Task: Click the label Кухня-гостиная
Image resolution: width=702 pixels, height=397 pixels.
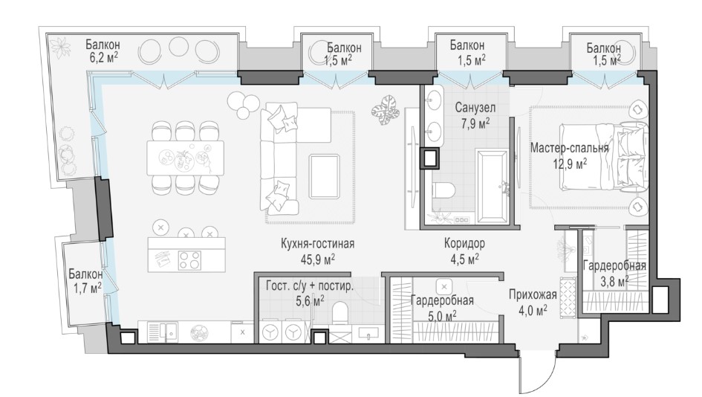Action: pos(317,244)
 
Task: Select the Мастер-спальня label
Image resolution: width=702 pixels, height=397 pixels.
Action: pos(570,148)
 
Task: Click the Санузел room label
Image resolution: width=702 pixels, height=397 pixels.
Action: pos(475,108)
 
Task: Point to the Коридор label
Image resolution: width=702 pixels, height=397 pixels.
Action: pos(464,243)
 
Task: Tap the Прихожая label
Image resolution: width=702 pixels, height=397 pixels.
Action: pos(533,294)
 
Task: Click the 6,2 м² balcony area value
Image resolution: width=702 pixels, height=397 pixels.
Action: pos(104,57)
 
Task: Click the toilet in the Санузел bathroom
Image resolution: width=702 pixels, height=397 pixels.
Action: pos(443,190)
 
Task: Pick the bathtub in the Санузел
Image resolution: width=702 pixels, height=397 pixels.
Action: pos(493,187)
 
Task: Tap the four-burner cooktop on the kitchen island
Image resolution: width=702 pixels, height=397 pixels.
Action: pos(190,260)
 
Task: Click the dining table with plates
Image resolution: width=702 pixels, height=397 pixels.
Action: pos(186,158)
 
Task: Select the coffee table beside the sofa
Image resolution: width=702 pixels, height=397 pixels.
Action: pos(324,175)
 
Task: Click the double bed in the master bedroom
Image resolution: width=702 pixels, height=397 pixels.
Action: pos(603,158)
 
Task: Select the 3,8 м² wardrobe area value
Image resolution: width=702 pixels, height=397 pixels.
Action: pos(614,282)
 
